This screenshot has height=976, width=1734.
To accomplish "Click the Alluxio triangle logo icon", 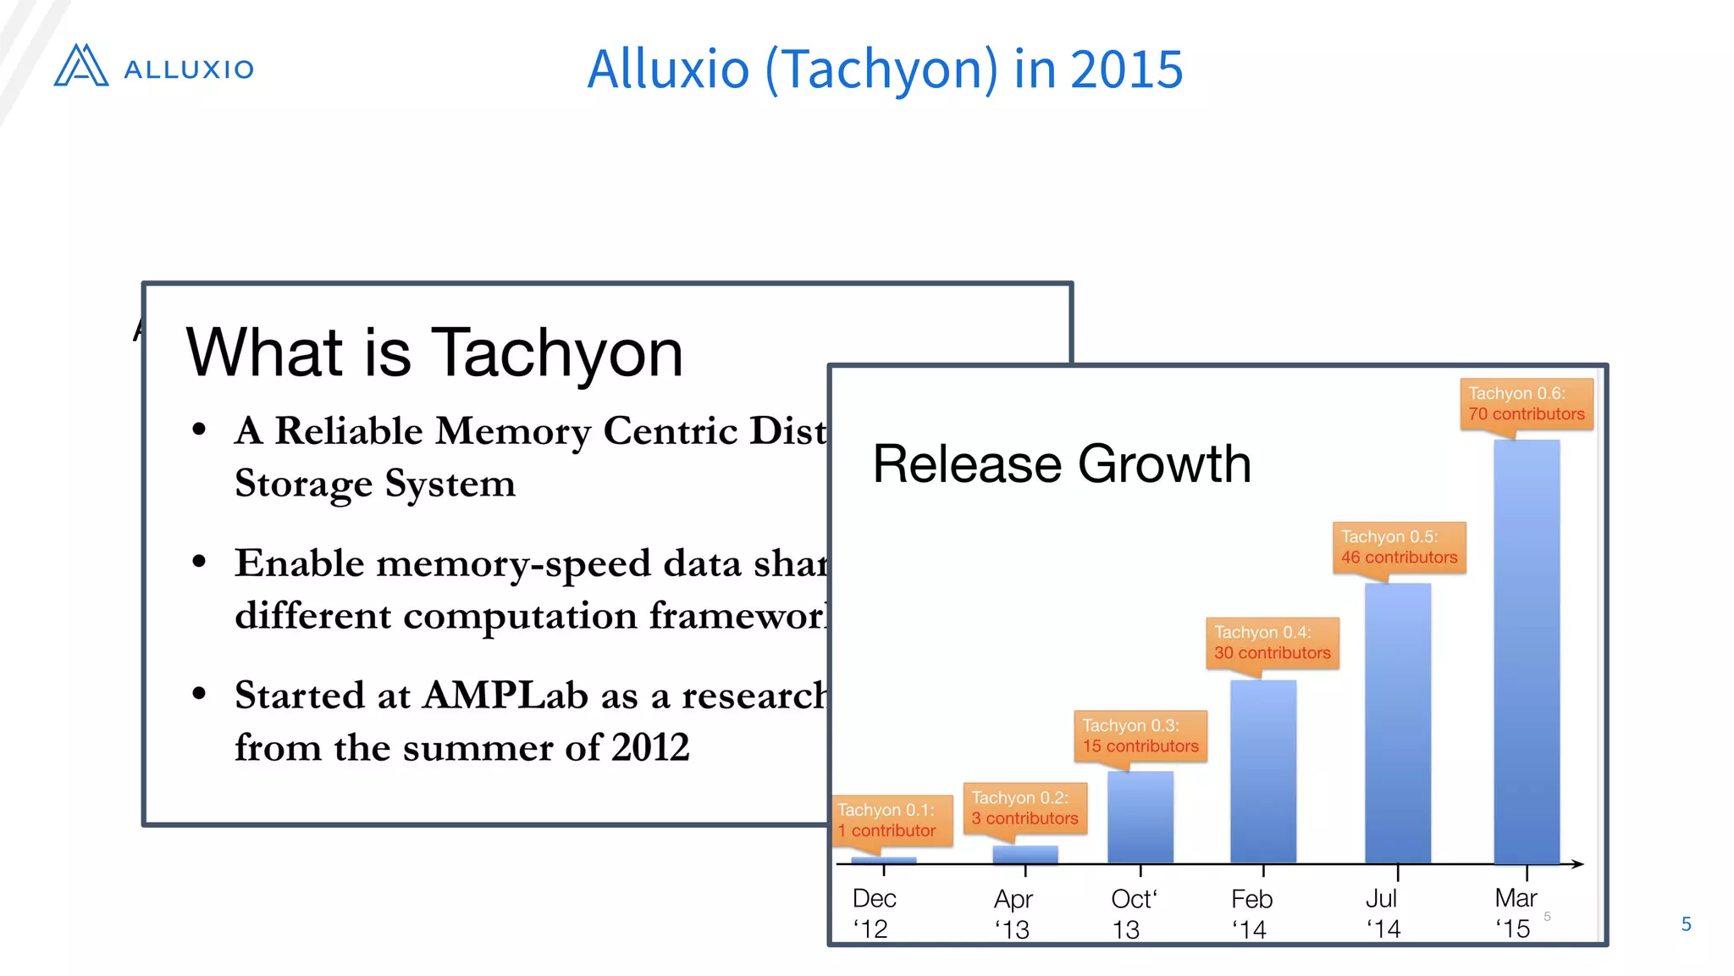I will pyautogui.click(x=80, y=66).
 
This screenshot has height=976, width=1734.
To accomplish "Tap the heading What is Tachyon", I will pyautogui.click(x=433, y=352).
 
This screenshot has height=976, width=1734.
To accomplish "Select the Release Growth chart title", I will pyautogui.click(x=1062, y=464).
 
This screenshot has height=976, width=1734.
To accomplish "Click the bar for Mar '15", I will pyautogui.click(x=1526, y=652).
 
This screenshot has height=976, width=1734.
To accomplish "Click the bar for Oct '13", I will pyautogui.click(x=1140, y=817).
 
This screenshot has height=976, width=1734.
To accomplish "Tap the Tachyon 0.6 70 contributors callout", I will pyautogui.click(x=1526, y=404).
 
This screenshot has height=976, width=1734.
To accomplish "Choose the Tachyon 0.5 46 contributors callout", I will pyautogui.click(x=1399, y=547).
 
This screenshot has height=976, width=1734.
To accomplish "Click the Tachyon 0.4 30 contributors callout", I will pyautogui.click(x=1272, y=643).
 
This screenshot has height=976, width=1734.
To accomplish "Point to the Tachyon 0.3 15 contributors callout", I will pyautogui.click(x=1140, y=736).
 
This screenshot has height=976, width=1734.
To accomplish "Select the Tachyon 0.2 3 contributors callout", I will pyautogui.click(x=1024, y=808).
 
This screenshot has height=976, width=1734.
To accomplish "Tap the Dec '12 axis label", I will pyautogui.click(x=873, y=913).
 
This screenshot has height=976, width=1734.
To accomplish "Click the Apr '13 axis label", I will pyautogui.click(x=1013, y=913).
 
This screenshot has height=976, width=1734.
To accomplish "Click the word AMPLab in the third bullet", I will pyautogui.click(x=505, y=696).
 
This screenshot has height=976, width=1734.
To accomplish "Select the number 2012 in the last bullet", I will pyautogui.click(x=650, y=747).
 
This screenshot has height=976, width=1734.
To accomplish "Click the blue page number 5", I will pyautogui.click(x=1686, y=924).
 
